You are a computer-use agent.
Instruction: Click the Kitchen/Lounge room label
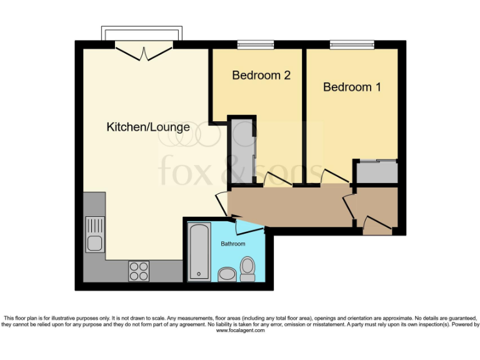[x=148, y=127]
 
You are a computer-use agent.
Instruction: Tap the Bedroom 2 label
[x=261, y=76]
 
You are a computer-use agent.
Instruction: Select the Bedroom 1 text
[x=352, y=87]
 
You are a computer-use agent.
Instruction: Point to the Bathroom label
[x=232, y=244]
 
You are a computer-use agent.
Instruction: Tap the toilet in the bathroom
[x=247, y=269]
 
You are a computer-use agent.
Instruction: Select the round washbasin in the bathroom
[x=227, y=274]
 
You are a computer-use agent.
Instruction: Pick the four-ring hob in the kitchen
[x=139, y=270]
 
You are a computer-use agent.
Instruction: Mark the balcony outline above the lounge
[x=143, y=32]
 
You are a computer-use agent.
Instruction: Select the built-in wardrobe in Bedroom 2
[x=241, y=150]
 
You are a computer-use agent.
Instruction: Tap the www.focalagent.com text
[x=240, y=331]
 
